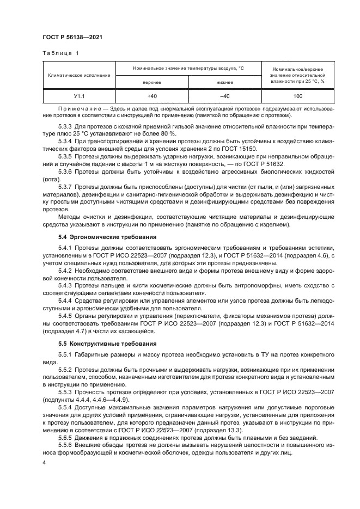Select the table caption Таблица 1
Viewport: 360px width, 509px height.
point(60,53)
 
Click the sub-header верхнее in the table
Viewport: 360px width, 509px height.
point(151,82)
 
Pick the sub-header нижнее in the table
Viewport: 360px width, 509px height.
point(224,82)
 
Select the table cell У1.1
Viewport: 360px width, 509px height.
point(79,96)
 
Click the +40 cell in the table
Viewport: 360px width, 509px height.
point(151,96)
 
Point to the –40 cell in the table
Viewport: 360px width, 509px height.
point(224,96)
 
